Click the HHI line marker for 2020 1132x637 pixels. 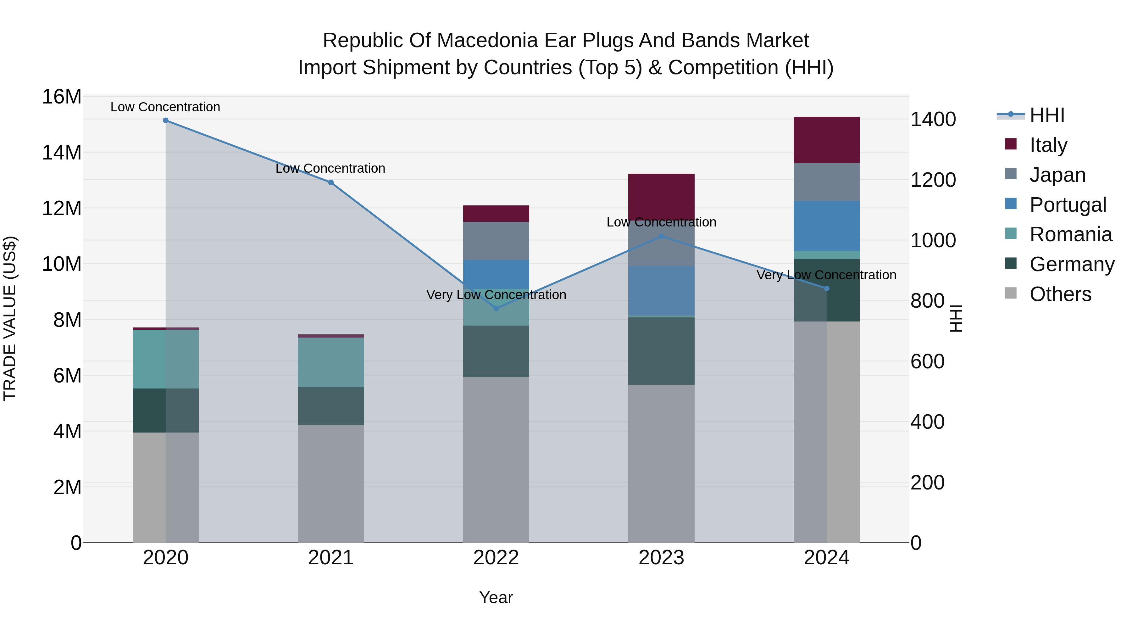166,120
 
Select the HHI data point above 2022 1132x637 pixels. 496,309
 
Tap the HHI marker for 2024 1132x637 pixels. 827,288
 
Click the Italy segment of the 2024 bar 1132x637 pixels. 827,140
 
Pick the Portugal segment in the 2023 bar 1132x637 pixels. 661,290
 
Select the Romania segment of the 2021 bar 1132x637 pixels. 331,362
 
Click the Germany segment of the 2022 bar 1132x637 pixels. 496,351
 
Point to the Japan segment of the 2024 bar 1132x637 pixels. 827,182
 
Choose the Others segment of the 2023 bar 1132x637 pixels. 661,463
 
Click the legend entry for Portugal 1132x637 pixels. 1068,205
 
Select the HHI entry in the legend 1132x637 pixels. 1047,115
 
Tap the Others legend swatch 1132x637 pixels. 1011,293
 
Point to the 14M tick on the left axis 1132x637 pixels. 62,153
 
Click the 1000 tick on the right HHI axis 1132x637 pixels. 933,240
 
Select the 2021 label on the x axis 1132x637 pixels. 331,558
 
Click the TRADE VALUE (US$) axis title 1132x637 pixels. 10,318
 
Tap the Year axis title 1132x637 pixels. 496,597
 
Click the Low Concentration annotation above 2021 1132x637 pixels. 330,168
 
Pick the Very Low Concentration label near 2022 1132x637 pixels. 496,294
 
